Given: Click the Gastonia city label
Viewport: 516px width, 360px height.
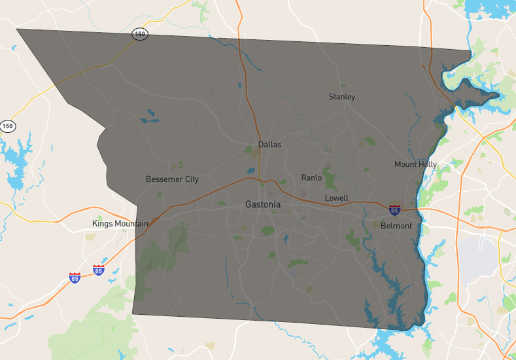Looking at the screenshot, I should point(263,204).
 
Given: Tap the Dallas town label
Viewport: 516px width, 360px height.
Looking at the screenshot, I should point(269,144).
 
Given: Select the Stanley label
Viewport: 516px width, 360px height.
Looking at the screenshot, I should point(342,97).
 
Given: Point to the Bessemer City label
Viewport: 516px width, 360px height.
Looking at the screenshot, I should point(172,179).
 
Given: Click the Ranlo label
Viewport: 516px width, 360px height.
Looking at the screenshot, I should point(311,177).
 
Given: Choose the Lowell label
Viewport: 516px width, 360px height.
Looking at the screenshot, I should point(337,198).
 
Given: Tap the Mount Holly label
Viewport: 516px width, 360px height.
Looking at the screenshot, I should point(415,164).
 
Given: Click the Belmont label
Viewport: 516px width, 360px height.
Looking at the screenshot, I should point(396,226).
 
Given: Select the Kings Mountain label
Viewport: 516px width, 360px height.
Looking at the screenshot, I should point(120,224).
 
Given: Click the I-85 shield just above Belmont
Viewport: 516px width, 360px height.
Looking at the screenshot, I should point(394,209).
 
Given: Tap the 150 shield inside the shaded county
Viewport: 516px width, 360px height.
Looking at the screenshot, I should point(139,34).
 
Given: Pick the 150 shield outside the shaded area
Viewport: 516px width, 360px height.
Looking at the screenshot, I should point(7,126).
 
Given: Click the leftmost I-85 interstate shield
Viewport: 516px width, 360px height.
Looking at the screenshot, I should point(75,278).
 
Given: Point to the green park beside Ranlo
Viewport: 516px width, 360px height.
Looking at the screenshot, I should point(331,181).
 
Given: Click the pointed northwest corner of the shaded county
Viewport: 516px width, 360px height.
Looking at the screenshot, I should point(18,29).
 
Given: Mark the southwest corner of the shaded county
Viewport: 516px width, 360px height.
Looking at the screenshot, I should point(133,314).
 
